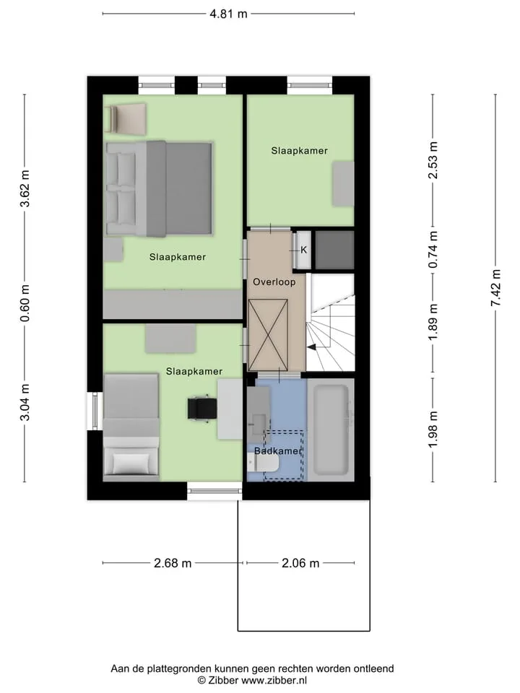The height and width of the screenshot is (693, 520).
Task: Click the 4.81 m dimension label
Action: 228,14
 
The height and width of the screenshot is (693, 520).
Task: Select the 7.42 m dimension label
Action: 495,288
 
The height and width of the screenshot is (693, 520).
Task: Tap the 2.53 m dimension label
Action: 433,160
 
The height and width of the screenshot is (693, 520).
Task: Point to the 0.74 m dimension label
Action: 433,249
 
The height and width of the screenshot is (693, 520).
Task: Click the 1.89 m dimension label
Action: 433,322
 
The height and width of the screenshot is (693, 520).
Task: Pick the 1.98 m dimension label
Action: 433,429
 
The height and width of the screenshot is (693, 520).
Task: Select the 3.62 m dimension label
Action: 25,188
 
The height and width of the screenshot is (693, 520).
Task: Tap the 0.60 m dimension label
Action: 25,302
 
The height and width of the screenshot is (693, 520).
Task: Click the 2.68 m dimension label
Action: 173,563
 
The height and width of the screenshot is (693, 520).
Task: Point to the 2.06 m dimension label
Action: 300,563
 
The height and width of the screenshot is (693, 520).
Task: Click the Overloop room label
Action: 274,282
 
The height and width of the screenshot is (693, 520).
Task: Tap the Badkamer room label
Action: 277,451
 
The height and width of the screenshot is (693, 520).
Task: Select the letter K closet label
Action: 304,250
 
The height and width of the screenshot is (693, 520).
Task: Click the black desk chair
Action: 202,408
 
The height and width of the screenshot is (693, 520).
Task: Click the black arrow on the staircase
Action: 312,347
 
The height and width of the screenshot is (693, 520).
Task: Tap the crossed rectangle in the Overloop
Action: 269,335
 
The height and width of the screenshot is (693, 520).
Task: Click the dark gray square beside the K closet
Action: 334,250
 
